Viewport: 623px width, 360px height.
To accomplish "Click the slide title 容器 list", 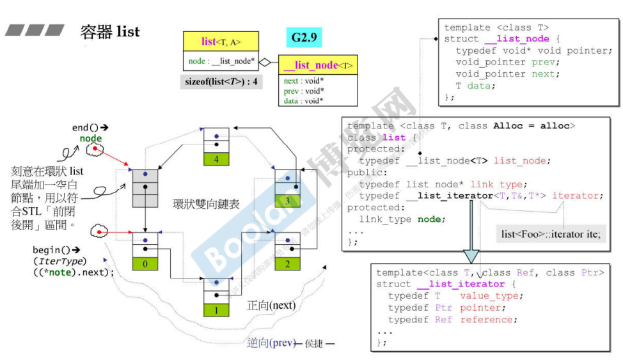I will pyautogui.click(x=110, y=31).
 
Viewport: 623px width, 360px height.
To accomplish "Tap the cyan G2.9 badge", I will pyautogui.click(x=304, y=37).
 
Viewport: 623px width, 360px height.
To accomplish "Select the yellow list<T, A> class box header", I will pyautogui.click(x=221, y=42).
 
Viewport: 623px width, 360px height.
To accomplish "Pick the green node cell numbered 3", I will pyautogui.click(x=288, y=201).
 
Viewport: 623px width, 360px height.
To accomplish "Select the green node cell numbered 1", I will pyautogui.click(x=216, y=310).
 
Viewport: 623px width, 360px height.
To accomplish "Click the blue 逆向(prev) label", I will pyautogui.click(x=271, y=342).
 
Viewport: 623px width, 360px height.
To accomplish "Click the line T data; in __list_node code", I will pyautogui.click(x=474, y=86).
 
